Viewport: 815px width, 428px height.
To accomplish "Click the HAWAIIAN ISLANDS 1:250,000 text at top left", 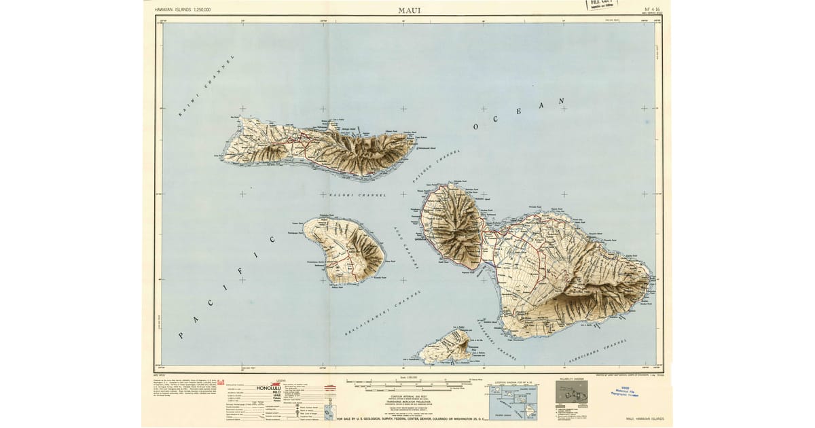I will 183,10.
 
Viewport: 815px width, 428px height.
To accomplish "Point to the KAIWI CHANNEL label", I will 206,86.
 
